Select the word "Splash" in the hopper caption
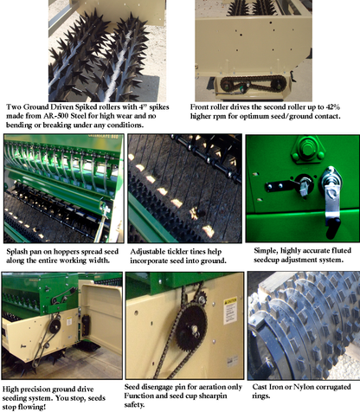click(16, 252)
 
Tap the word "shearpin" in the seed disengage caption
click(214, 396)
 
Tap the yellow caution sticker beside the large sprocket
click(230, 310)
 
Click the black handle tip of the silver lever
click(333, 229)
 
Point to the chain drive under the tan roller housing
click(254, 83)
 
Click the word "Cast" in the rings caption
click(260, 387)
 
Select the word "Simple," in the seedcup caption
click(266, 251)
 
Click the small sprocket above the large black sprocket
click(202, 299)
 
